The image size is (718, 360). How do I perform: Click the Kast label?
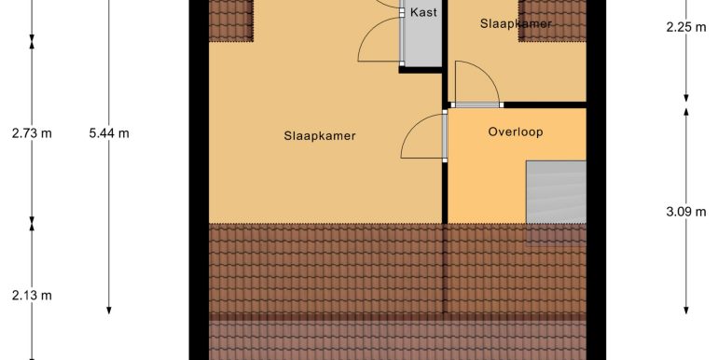(423, 12)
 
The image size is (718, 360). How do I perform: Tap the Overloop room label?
(516, 132)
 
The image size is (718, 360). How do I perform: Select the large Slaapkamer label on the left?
(320, 136)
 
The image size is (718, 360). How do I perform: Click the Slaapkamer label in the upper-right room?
(516, 23)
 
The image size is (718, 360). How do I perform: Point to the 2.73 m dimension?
(32, 133)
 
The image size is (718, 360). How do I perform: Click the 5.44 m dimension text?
(109, 133)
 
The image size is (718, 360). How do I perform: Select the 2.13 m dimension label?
(32, 296)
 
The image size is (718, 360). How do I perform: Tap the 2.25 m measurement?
(686, 27)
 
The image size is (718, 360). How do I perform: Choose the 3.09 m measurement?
(686, 212)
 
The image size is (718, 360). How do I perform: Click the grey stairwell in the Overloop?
(556, 192)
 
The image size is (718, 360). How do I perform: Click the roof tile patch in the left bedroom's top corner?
(231, 21)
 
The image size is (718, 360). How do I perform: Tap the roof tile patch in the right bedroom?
(552, 21)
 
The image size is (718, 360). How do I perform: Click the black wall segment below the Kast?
(421, 70)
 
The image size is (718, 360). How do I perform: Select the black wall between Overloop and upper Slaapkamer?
(545, 104)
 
